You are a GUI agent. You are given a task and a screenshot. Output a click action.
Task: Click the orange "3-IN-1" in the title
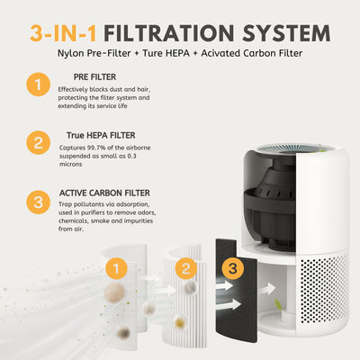click(63, 33)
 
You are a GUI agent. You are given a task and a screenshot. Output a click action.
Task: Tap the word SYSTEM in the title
click(286, 33)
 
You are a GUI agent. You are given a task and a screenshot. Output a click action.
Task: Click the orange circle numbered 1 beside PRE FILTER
click(38, 85)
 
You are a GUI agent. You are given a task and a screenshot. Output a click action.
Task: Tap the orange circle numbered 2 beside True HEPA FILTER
click(38, 142)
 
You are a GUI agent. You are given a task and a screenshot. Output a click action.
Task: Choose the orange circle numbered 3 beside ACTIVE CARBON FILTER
click(38, 202)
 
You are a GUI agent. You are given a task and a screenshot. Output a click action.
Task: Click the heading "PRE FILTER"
click(94, 77)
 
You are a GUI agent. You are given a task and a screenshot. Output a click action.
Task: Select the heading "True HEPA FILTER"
click(101, 135)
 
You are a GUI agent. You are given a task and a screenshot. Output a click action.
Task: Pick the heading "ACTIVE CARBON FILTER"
click(104, 193)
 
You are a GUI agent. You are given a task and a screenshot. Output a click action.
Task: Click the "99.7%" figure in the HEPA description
click(96, 148)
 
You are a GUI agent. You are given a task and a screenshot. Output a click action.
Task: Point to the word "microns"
click(70, 164)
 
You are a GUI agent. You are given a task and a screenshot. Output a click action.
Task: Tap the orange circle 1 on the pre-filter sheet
click(116, 268)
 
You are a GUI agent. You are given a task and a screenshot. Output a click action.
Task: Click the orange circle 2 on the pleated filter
click(186, 268)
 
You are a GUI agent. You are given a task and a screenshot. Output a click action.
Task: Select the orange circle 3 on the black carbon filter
click(233, 268)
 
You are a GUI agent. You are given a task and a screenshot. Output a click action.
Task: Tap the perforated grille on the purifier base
click(323, 289)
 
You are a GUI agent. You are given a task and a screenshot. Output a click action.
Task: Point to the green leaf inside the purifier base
click(279, 304)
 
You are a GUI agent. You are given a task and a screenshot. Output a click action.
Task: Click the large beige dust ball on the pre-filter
click(114, 292)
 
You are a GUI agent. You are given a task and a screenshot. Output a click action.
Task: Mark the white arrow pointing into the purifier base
click(267, 289)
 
